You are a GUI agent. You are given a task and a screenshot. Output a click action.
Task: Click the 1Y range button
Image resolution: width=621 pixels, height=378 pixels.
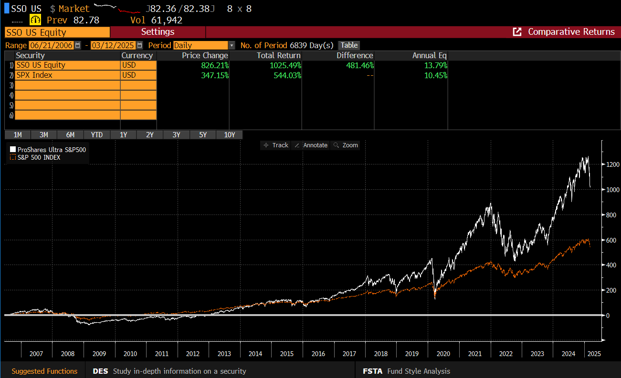pos(123,135)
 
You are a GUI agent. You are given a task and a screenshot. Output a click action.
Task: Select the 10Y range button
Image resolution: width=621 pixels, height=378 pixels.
pos(229,135)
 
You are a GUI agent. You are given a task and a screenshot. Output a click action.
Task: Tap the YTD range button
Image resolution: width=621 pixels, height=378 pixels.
pos(97,135)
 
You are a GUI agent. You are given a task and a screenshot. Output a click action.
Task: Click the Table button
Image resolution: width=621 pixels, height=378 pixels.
pos(349,45)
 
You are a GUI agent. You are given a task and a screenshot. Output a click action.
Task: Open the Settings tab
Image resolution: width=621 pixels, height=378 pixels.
pos(158,32)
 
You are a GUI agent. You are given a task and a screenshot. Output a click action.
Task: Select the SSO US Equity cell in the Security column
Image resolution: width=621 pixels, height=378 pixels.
pos(67,65)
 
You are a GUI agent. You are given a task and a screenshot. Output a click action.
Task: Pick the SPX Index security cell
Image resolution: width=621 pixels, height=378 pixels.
pos(67,75)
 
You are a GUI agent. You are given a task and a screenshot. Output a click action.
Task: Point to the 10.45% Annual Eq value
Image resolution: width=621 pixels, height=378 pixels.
pos(435,75)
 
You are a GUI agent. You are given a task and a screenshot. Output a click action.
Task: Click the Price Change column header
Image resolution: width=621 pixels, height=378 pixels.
pos(205,55)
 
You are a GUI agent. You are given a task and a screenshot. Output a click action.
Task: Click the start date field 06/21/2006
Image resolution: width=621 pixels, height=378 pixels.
pos(51,45)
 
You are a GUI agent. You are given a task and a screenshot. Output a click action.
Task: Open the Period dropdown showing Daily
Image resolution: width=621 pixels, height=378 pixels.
pos(204,45)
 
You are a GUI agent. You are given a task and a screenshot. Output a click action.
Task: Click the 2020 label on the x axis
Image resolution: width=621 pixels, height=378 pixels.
pos(443,354)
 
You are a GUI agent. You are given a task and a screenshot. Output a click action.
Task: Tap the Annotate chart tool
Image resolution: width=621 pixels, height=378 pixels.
pos(311,145)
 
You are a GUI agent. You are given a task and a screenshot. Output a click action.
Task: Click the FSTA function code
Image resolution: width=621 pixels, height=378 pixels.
pos(372,371)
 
